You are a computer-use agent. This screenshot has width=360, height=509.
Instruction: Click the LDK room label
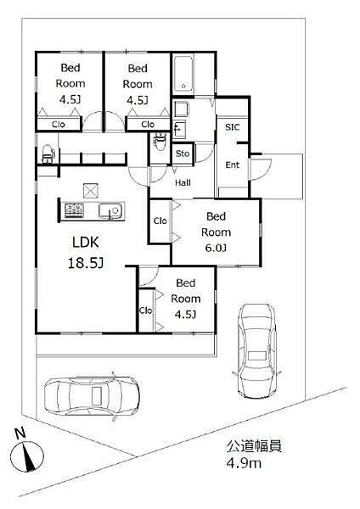[x=86, y=243]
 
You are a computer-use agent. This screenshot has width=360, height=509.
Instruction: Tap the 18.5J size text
[x=86, y=263]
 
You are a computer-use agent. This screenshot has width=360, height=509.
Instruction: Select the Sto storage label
[x=183, y=154]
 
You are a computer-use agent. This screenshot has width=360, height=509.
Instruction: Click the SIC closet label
[x=233, y=127]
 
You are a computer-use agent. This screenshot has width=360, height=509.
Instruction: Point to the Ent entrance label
[x=233, y=165]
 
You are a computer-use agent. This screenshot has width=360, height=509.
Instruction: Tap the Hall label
[x=183, y=182]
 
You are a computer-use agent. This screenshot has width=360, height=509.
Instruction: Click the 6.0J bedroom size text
[x=216, y=248]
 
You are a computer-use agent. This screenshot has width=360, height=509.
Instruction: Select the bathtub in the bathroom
[x=183, y=74]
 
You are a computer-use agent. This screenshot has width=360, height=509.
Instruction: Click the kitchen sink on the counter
[x=111, y=211]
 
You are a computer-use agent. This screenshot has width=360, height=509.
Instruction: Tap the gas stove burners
[x=75, y=210]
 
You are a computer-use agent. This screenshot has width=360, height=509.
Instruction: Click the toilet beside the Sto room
[x=160, y=141]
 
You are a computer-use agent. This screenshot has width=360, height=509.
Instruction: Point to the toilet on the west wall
[x=48, y=154]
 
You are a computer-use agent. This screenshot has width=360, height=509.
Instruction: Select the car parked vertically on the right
[x=256, y=350]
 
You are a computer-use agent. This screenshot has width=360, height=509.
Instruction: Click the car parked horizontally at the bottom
[x=93, y=396]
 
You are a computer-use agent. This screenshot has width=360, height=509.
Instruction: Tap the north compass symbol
[x=27, y=456]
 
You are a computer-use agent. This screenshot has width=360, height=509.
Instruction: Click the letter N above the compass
[x=20, y=433]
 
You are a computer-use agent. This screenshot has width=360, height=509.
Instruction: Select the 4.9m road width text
[x=244, y=463]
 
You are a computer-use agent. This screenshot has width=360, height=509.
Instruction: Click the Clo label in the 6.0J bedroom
[x=160, y=221]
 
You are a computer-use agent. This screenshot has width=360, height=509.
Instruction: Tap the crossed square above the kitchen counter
[x=91, y=191]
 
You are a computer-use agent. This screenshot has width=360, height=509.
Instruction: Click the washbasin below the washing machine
[x=179, y=130]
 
